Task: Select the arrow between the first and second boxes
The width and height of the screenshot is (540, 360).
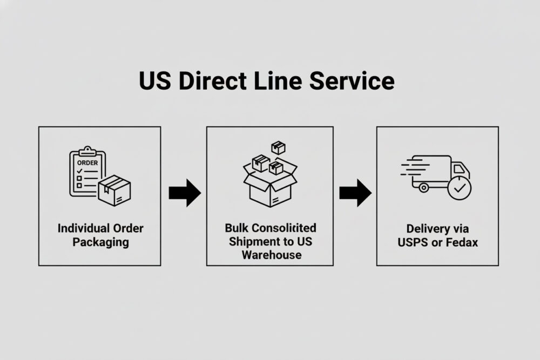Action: click(x=184, y=193)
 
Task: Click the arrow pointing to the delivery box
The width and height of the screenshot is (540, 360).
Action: click(x=355, y=193)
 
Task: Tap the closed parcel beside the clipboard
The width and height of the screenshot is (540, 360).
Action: click(x=114, y=189)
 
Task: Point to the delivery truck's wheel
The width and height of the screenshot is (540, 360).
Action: click(x=423, y=188)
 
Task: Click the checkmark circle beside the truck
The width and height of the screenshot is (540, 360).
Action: click(x=459, y=189)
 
